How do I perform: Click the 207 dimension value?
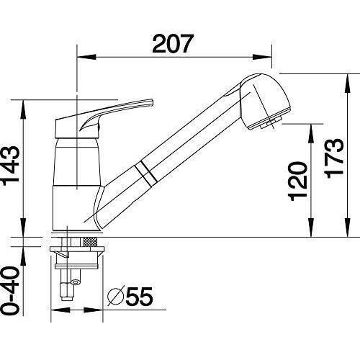click(x=173, y=43)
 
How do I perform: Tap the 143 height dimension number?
click(x=11, y=166)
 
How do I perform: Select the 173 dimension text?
click(x=333, y=158)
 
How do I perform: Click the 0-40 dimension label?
click(x=10, y=291)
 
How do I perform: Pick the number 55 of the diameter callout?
click(x=139, y=296)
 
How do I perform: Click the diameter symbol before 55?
click(x=116, y=296)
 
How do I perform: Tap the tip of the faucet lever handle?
click(x=152, y=102)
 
